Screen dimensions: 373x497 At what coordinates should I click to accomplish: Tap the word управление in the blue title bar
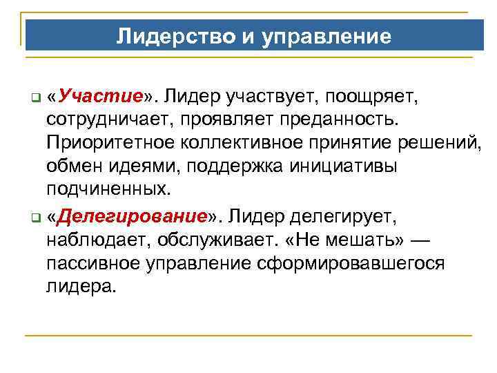click(x=326, y=35)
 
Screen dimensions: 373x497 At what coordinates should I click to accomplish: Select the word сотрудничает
click(x=112, y=121)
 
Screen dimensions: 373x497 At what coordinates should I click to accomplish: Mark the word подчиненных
click(x=108, y=189)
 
